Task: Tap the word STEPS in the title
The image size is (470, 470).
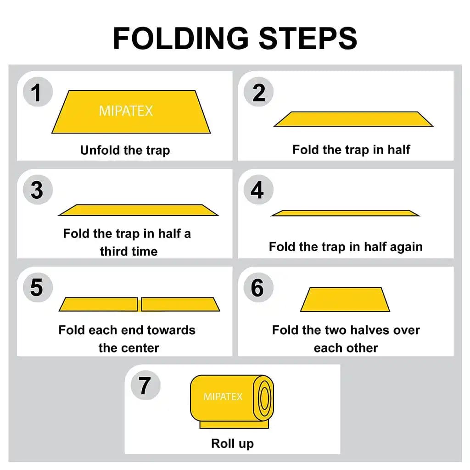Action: [x=308, y=38]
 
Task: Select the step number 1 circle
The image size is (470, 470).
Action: [x=37, y=93]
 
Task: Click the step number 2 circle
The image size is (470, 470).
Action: [x=259, y=93]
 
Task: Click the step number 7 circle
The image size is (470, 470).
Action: [x=145, y=385]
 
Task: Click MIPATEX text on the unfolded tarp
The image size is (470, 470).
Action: [x=126, y=111]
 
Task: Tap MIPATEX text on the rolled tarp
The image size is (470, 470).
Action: [x=223, y=397]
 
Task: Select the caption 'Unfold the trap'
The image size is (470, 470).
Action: [x=125, y=150]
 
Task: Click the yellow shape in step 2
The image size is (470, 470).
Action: [x=353, y=119]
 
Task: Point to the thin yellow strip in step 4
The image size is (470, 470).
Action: [x=345, y=213]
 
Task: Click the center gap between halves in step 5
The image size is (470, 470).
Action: [x=140, y=304]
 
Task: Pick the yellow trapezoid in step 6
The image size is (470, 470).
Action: [x=345, y=300]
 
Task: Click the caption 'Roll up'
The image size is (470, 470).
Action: [x=232, y=443]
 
